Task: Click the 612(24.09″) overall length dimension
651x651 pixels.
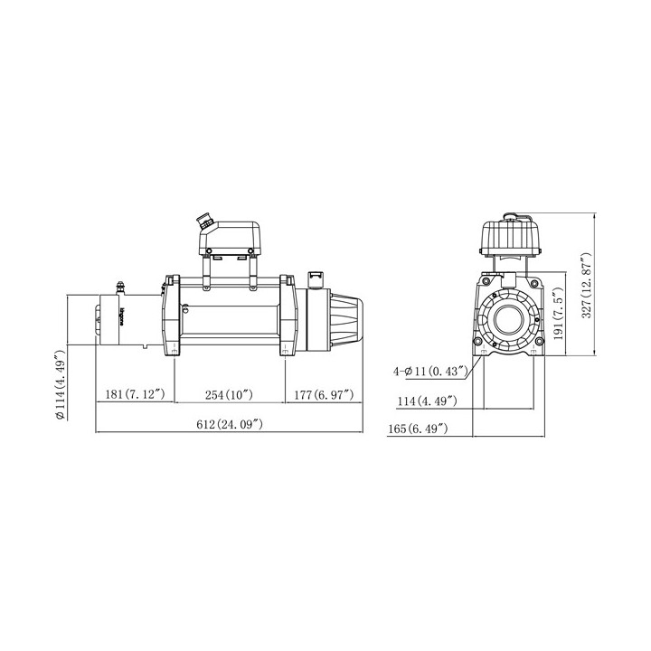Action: point(230,424)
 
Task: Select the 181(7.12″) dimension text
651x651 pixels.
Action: point(135,394)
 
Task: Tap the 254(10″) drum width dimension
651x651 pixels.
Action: point(229,394)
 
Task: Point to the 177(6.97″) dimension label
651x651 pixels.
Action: point(324,394)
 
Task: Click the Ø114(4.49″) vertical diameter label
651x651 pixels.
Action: point(61,384)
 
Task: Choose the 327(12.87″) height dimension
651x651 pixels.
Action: point(586,285)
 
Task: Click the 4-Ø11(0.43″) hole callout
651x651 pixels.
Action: point(430,371)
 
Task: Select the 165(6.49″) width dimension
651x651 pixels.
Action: point(418,429)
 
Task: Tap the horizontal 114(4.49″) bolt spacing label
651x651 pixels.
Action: point(427,401)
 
